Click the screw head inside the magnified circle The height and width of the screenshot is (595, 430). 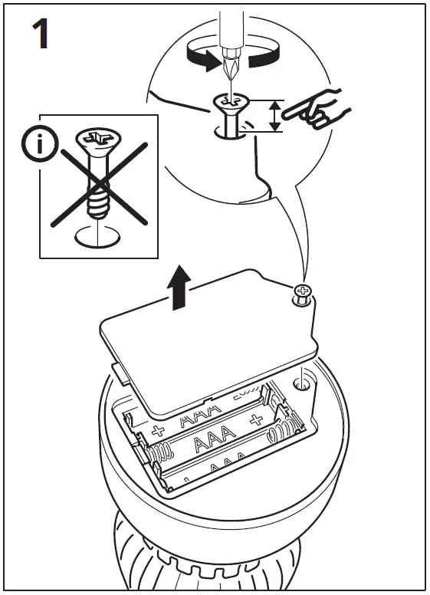click(229, 102)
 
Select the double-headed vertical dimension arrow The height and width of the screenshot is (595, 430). click(274, 117)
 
